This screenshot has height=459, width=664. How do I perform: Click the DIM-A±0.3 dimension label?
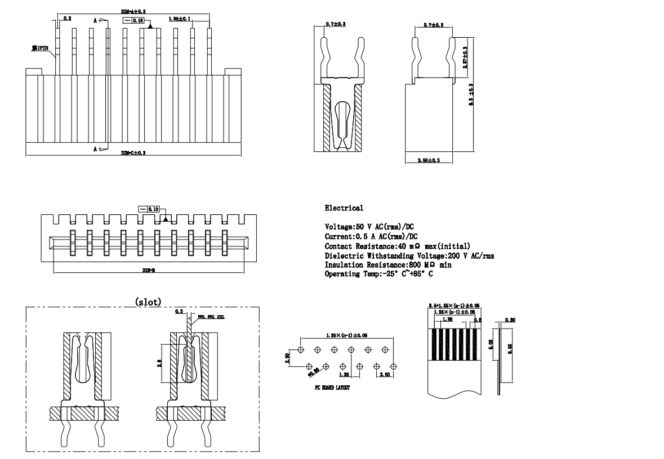point(133,11)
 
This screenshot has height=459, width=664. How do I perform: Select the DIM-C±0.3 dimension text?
point(133,153)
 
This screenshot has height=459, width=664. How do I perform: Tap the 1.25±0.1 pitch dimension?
point(180,19)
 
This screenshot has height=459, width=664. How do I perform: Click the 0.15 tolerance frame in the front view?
point(134,20)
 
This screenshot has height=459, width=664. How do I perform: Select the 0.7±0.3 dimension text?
point(336,24)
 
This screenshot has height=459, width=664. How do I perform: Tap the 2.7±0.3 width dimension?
point(433,25)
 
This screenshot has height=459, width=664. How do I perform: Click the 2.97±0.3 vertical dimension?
point(465,58)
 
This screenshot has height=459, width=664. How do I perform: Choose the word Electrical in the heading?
point(344,209)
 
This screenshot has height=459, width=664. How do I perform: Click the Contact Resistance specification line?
point(398,246)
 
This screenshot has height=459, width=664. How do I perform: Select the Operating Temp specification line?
point(379,273)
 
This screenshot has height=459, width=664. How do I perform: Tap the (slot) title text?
point(149,302)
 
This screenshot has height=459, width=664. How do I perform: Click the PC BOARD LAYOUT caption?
point(332,388)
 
